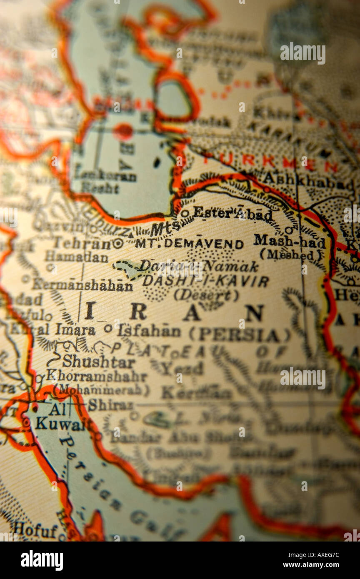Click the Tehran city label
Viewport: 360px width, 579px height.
pyautogui.click(x=82, y=243)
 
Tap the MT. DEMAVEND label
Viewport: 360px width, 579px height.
pyautogui.click(x=189, y=244)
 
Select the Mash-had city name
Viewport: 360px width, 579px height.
pyautogui.click(x=289, y=241)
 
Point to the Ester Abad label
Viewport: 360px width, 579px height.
pyautogui.click(x=232, y=214)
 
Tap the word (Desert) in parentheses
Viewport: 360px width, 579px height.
pyautogui.click(x=206, y=295)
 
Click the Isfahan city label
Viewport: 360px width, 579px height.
pyautogui.click(x=149, y=331)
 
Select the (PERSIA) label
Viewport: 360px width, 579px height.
pyautogui.click(x=240, y=334)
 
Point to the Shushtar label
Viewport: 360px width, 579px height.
pyautogui.click(x=99, y=361)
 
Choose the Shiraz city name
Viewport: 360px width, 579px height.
pyautogui.click(x=110, y=404)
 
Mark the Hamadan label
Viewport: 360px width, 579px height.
pyautogui.click(x=76, y=257)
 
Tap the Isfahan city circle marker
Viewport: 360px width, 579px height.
pyautogui.click(x=108, y=328)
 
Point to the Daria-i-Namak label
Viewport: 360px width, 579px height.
pyautogui.click(x=198, y=266)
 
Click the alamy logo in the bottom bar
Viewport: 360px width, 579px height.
pyautogui.click(x=42, y=560)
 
